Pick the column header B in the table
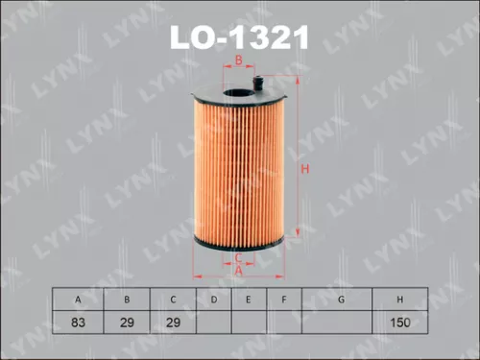point(126,300)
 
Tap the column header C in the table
point(172,300)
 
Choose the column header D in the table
point(213,300)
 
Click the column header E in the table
point(248,300)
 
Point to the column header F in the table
point(284,300)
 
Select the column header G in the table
point(341,300)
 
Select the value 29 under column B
point(126,324)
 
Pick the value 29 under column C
point(172,324)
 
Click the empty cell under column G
point(341,324)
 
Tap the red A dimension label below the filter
point(238,273)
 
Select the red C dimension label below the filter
point(238,257)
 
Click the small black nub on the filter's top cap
point(259,84)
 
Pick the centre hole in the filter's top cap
point(237,93)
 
